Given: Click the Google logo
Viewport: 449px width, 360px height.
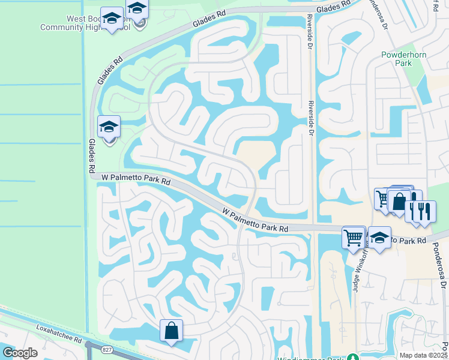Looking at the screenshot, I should pyautogui.click(x=20, y=353).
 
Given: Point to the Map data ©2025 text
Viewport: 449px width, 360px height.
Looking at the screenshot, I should pyautogui.click(x=424, y=355).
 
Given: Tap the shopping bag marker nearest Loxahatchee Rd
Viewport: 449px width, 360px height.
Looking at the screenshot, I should pyautogui.click(x=171, y=331).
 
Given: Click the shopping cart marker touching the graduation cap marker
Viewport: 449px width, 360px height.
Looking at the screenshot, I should pyautogui.click(x=354, y=237).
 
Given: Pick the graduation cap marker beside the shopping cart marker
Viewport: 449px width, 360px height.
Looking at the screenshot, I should pyautogui.click(x=379, y=238).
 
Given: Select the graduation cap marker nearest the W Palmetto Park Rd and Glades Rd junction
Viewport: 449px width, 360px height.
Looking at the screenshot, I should pyautogui.click(x=109, y=127).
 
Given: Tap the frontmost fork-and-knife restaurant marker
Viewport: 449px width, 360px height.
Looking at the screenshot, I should pyautogui.click(x=424, y=212).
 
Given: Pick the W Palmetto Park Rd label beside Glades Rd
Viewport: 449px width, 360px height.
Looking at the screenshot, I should pyautogui.click(x=136, y=178).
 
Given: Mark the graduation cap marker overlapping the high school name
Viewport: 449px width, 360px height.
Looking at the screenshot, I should pyautogui.click(x=137, y=11).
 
